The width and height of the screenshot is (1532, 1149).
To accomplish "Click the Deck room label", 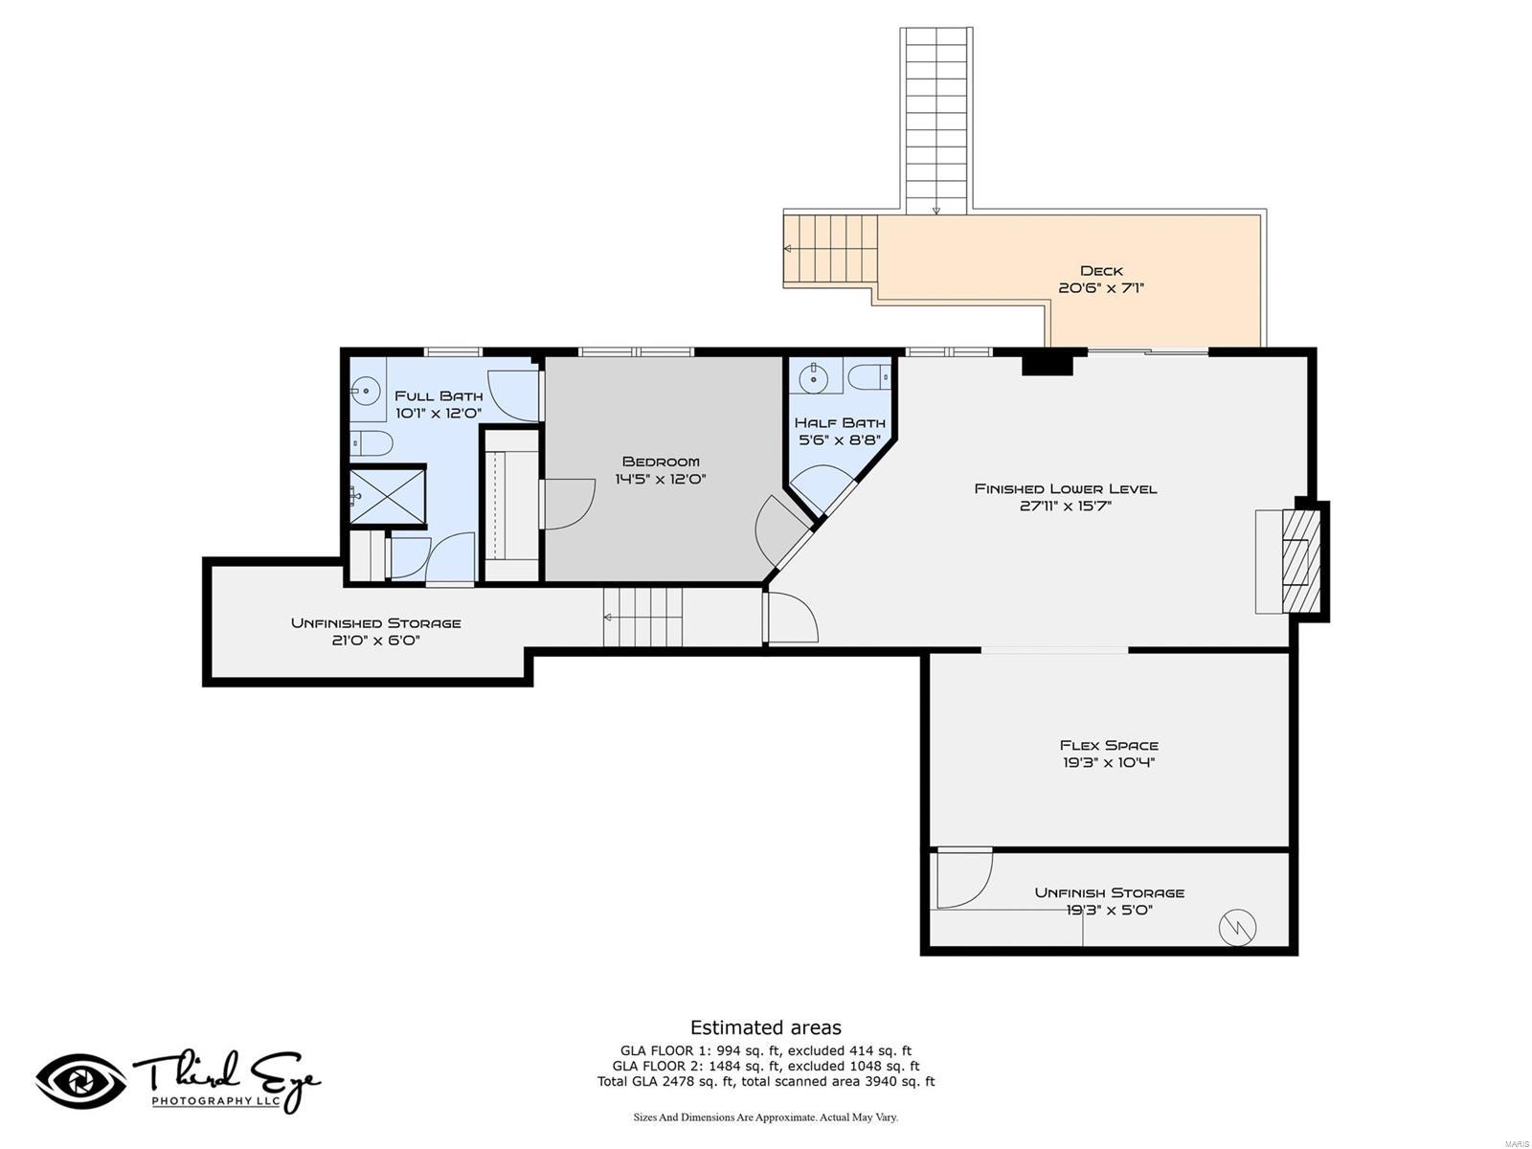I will coord(1101,271).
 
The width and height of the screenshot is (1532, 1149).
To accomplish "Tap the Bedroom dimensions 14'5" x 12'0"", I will coord(661,479).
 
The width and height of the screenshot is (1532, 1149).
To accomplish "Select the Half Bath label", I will coord(840,422).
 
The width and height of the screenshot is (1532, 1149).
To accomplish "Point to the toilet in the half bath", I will coord(870,377).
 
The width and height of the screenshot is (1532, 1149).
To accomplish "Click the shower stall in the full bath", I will coord(387,495).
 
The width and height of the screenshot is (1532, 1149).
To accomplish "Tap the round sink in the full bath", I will coord(365,389).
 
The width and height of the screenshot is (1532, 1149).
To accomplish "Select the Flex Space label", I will coord(1109,745).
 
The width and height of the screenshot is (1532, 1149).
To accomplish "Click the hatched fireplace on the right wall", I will coord(1300,561).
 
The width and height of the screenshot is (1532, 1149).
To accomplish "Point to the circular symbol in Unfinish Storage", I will coord(1237,927).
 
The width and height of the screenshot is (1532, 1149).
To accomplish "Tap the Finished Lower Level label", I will coord(1066,488).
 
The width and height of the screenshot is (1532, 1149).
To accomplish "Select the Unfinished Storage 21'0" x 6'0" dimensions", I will coord(376,641).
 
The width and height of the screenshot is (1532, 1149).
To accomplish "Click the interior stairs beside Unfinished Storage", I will coord(643,618).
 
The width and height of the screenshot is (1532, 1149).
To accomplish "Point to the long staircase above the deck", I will coord(936,120).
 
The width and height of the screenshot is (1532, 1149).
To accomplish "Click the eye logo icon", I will coord(80,1081).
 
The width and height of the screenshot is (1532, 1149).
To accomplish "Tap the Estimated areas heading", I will coord(766,1027).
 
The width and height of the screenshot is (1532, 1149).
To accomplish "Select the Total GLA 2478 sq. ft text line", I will coord(766,1082).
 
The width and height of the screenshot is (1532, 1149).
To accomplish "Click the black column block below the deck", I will coord(1047,364).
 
